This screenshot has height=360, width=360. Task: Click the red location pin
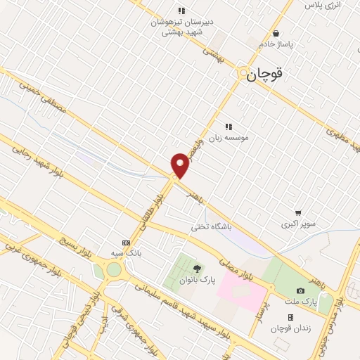(x=181, y=165)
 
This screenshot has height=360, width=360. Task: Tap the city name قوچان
(x=268, y=74)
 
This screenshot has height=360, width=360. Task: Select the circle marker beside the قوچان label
(x=243, y=72)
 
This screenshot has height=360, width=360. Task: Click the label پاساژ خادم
(x=276, y=44)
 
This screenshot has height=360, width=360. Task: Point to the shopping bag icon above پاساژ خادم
(x=276, y=33)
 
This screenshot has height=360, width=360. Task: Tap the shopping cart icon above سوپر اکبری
(x=298, y=213)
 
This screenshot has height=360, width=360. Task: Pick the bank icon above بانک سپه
(x=126, y=242)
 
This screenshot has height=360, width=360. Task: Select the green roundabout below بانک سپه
(x=113, y=269)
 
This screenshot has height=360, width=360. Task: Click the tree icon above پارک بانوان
(x=197, y=268)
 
